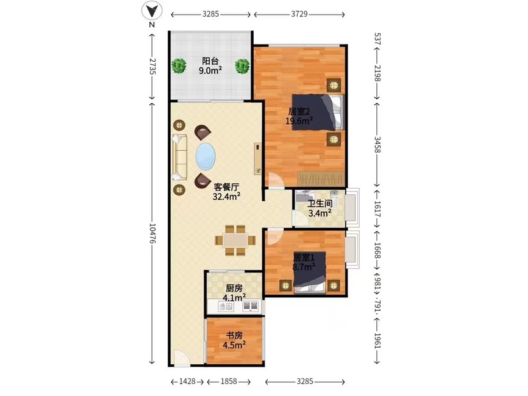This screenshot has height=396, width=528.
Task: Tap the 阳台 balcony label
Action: pyautogui.click(x=210, y=61)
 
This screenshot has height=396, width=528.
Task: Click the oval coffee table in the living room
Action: pyautogui.click(x=205, y=157)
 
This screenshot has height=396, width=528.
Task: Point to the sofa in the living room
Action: pyautogui.click(x=179, y=157)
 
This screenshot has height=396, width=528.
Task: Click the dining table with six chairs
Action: pyautogui.click(x=235, y=240)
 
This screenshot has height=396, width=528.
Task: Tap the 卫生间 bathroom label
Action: pyautogui.click(x=320, y=203)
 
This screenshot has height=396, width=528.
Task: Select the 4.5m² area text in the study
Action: pyautogui.click(x=234, y=344)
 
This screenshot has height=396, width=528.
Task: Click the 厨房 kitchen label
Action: pyautogui.click(x=234, y=288)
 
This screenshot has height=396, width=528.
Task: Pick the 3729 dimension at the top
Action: pyautogui.click(x=299, y=14)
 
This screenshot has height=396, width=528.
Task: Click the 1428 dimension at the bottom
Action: pyautogui.click(x=187, y=381)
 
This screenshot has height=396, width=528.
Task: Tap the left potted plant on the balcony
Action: pyautogui.click(x=179, y=66)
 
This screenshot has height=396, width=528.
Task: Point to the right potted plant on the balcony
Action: pyautogui.click(x=242, y=66)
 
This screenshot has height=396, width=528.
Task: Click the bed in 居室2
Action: pyautogui.click(x=318, y=112)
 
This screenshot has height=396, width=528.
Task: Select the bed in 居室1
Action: pyautogui.click(x=309, y=272)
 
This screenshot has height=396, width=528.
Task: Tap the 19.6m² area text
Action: pyautogui.click(x=299, y=121)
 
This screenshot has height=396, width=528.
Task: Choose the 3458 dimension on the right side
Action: pyautogui.click(x=377, y=145)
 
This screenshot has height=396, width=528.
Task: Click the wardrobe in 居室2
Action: pyautogui.click(x=321, y=178)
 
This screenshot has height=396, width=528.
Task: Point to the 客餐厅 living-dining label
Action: pyautogui.click(x=226, y=187)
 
